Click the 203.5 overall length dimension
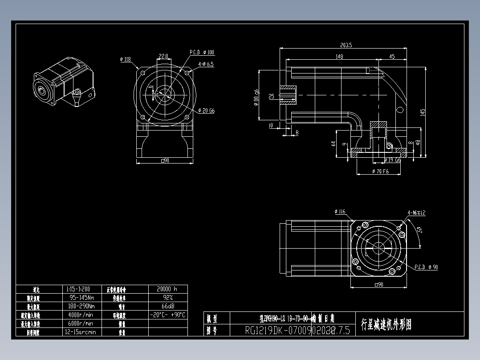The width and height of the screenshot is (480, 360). point(346,45)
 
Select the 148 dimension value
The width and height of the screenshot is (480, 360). point(339,57)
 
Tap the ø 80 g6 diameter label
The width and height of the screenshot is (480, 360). point(256,96)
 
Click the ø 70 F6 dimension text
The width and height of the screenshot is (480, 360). point(380,172)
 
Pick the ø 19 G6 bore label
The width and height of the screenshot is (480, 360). point(392,160)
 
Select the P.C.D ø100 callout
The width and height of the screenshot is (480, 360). point(202,53)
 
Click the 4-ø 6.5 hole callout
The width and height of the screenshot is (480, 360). point(206,64)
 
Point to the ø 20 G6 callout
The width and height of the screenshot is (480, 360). point(206,110)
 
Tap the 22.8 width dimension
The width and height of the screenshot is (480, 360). point(163,56)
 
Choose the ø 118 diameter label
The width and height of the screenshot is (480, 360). point(125,59)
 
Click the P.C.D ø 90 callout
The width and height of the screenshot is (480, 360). point(426,267)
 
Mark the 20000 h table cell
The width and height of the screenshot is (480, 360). point(167,289)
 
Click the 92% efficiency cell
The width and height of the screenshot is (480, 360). point(167,297)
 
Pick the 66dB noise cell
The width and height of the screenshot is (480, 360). point(167,306)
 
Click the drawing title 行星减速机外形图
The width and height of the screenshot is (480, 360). point(386,324)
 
